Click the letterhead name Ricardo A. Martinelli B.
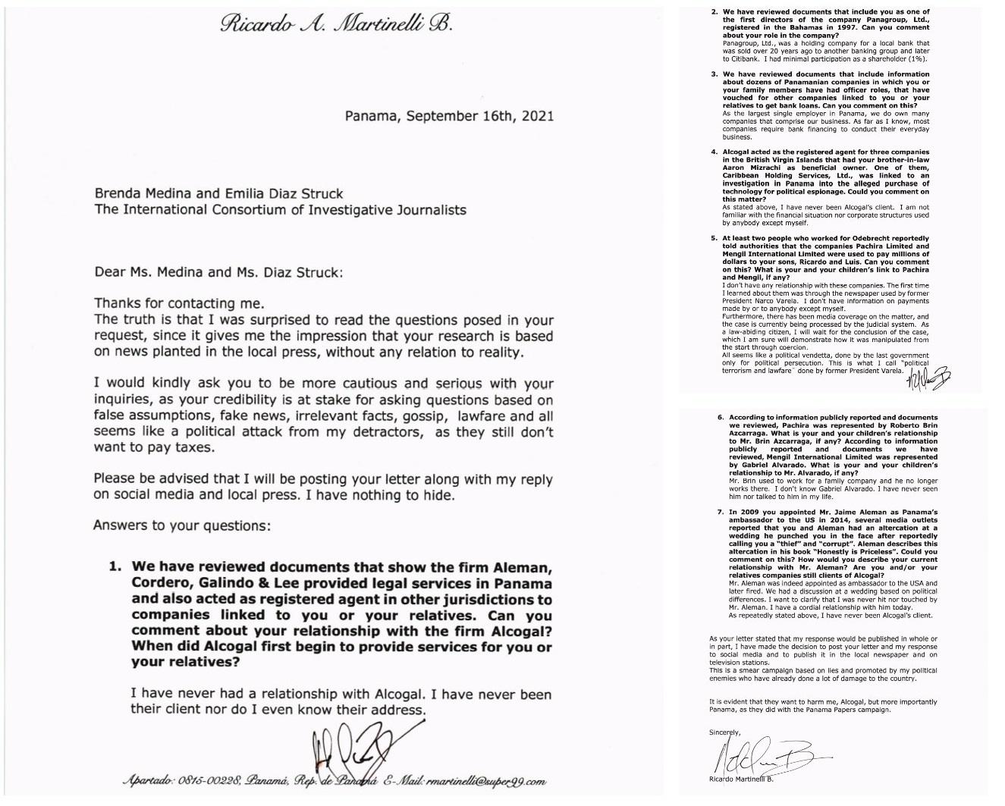click(x=337, y=24)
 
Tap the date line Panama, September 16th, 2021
click(x=448, y=116)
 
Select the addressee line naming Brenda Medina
click(x=218, y=193)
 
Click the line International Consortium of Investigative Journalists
click(x=280, y=209)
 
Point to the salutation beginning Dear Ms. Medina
click(x=218, y=272)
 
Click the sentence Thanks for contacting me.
click(x=179, y=304)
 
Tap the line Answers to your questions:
click(x=181, y=525)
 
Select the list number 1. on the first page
click(x=115, y=567)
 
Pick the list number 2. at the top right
click(x=714, y=12)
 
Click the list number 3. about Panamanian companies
click(x=714, y=74)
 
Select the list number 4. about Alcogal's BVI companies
click(x=714, y=152)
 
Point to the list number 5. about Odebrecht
click(x=714, y=239)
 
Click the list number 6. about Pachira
click(x=721, y=418)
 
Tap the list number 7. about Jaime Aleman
click(x=721, y=513)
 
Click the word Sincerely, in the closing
click(x=725, y=732)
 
